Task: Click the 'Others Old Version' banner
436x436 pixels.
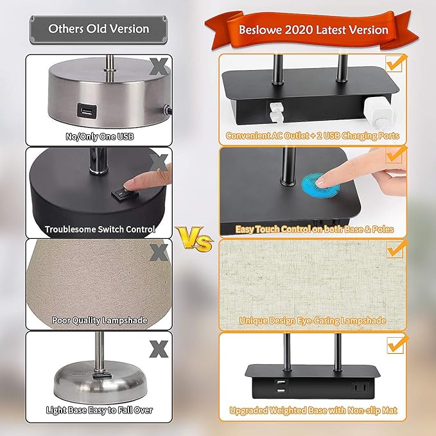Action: click(x=98, y=29)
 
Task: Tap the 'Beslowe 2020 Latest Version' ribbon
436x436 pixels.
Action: click(x=313, y=30)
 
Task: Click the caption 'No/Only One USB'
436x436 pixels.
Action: click(x=99, y=136)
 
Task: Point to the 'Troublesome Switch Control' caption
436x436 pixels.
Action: click(x=100, y=229)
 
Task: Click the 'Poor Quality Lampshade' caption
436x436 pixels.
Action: click(x=99, y=320)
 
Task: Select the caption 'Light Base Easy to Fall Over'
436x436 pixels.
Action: click(x=99, y=410)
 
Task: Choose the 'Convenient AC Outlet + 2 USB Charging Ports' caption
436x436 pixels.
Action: click(x=313, y=136)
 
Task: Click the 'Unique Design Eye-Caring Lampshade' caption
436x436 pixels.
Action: click(x=313, y=320)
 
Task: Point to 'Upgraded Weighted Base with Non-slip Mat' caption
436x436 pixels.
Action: click(x=313, y=410)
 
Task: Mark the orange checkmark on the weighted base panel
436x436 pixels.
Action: click(x=394, y=344)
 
